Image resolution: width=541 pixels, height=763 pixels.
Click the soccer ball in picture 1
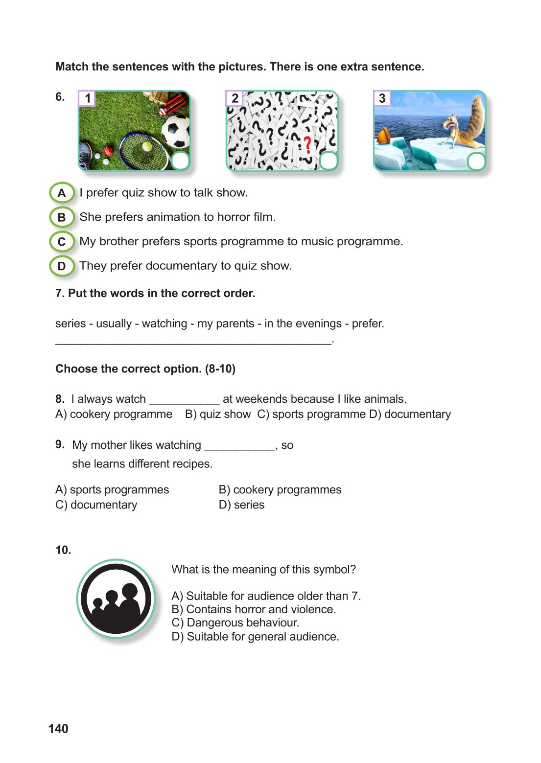(175, 131)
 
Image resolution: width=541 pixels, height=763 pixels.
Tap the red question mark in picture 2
(307, 145)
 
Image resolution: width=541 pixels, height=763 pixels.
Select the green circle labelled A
(62, 193)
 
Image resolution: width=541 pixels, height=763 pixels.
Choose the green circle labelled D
(62, 266)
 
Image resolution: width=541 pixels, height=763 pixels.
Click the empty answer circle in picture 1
(181, 161)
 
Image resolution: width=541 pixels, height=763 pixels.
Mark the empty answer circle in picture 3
(476, 161)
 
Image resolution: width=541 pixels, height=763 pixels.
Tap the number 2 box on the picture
(235, 98)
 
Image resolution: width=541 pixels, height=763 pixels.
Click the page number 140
(58, 729)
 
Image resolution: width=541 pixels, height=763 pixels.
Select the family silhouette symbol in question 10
(117, 599)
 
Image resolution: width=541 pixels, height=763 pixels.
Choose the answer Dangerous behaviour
(235, 623)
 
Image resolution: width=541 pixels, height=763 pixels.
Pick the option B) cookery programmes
(280, 490)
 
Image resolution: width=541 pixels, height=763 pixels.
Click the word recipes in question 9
(191, 464)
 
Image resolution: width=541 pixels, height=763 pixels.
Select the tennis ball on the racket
(147, 146)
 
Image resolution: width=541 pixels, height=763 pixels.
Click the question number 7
(60, 293)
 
